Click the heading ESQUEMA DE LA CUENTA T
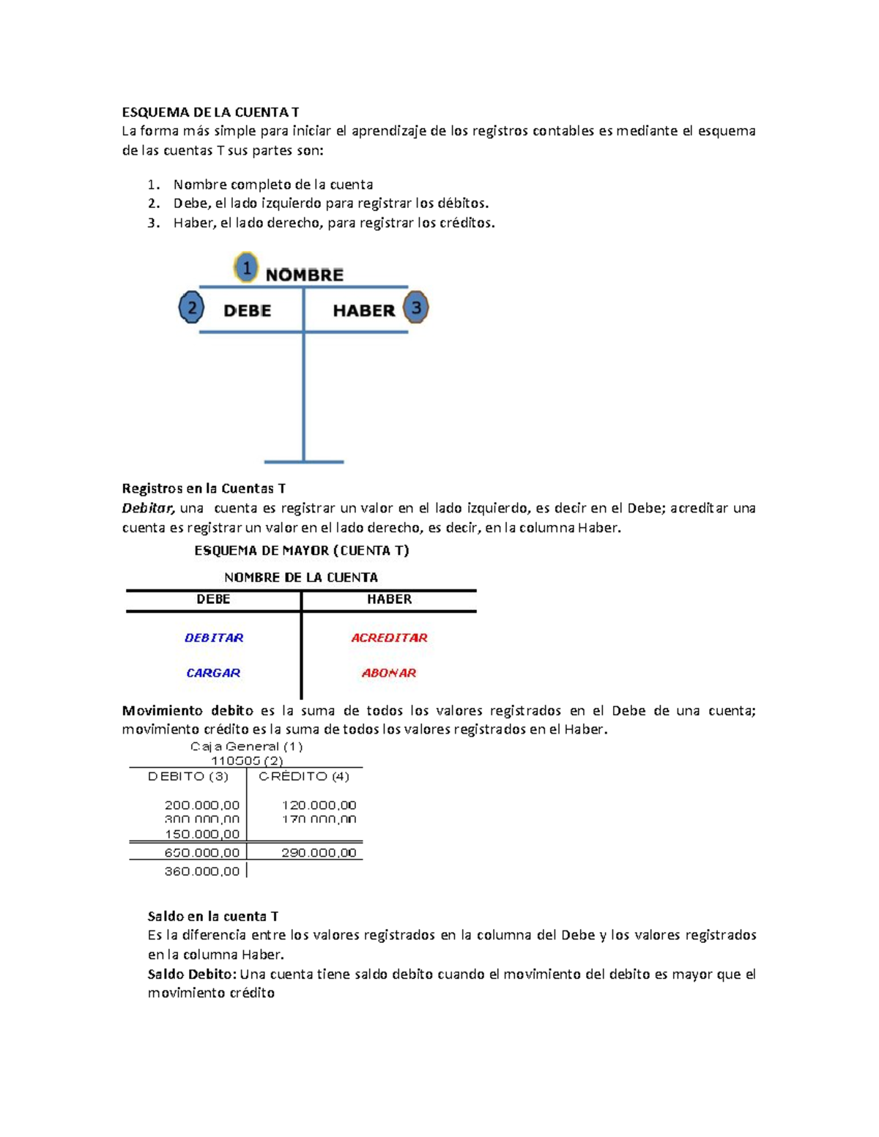tap(210, 112)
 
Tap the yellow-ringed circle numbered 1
tap(247, 269)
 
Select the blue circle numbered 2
tap(191, 308)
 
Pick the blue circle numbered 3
tap(416, 307)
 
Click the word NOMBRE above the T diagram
tap(304, 275)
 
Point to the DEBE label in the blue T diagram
tap(247, 310)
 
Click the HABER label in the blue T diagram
tap(363, 310)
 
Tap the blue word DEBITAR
tap(214, 638)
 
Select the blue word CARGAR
tap(213, 673)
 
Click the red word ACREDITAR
tap(389, 638)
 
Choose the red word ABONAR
tap(389, 673)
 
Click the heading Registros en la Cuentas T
tap(204, 488)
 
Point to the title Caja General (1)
tap(246, 747)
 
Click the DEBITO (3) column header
tap(188, 776)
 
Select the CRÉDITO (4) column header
tap(304, 776)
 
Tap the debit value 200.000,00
tap(202, 805)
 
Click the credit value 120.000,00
tap(319, 805)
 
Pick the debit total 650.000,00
tap(202, 853)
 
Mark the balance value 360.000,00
tap(202, 871)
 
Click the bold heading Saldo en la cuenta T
tap(213, 916)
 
